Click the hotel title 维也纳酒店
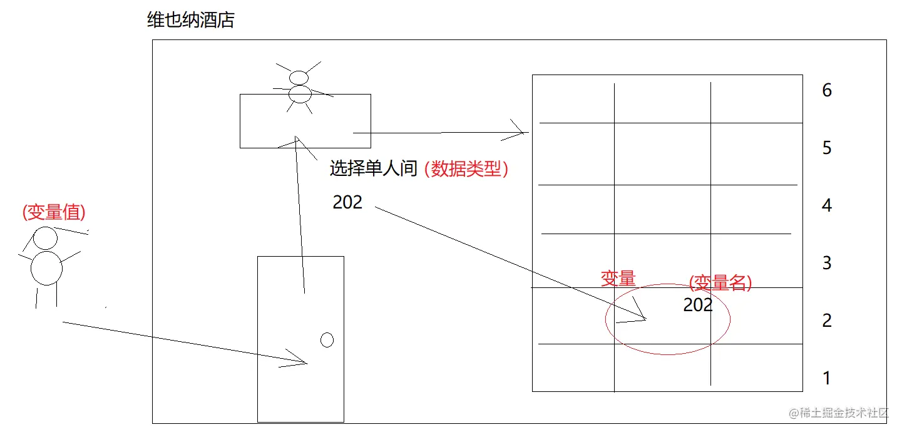click(190, 21)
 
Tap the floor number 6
click(827, 91)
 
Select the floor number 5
click(827, 148)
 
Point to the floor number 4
click(827, 205)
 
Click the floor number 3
click(827, 263)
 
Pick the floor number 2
click(827, 321)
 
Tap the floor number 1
click(827, 378)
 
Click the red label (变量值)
click(54, 213)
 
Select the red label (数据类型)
click(466, 168)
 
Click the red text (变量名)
click(720, 283)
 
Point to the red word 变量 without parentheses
click(618, 278)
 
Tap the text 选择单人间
click(373, 168)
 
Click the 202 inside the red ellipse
click(698, 305)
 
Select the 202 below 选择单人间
click(347, 202)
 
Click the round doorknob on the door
click(327, 340)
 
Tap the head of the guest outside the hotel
click(45, 239)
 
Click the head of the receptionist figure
click(299, 78)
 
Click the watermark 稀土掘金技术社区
click(839, 413)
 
